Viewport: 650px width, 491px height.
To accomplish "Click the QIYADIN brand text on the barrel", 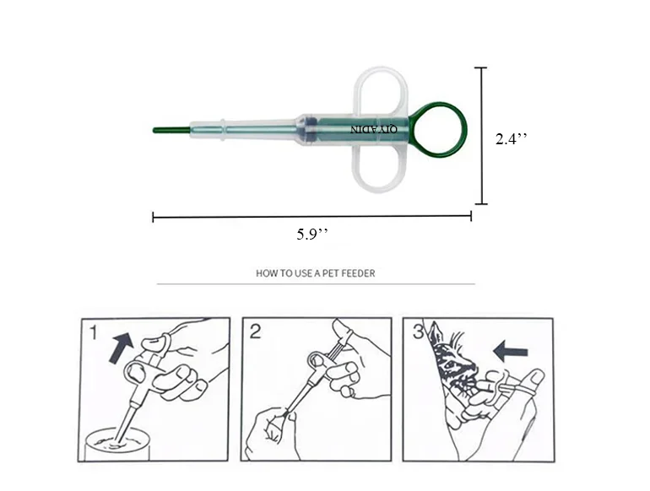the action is pyautogui.click(x=373, y=130).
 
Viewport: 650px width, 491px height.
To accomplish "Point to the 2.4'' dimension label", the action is pyautogui.click(x=512, y=138).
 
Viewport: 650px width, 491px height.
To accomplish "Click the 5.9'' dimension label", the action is pyautogui.click(x=312, y=234).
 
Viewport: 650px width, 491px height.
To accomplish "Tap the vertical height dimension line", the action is pyautogui.click(x=481, y=136).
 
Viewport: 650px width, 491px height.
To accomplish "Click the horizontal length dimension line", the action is pyautogui.click(x=311, y=216).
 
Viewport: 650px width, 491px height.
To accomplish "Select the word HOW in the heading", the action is pyautogui.click(x=264, y=273).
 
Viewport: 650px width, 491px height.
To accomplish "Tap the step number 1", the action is pyautogui.click(x=94, y=332).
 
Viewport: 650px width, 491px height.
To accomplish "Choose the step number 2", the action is pyautogui.click(x=255, y=332).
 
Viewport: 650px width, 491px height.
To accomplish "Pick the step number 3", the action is pyautogui.click(x=418, y=332).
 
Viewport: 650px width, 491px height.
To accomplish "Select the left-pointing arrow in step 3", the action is pyautogui.click(x=511, y=352).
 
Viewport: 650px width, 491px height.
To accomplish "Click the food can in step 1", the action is pyautogui.click(x=116, y=445).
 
